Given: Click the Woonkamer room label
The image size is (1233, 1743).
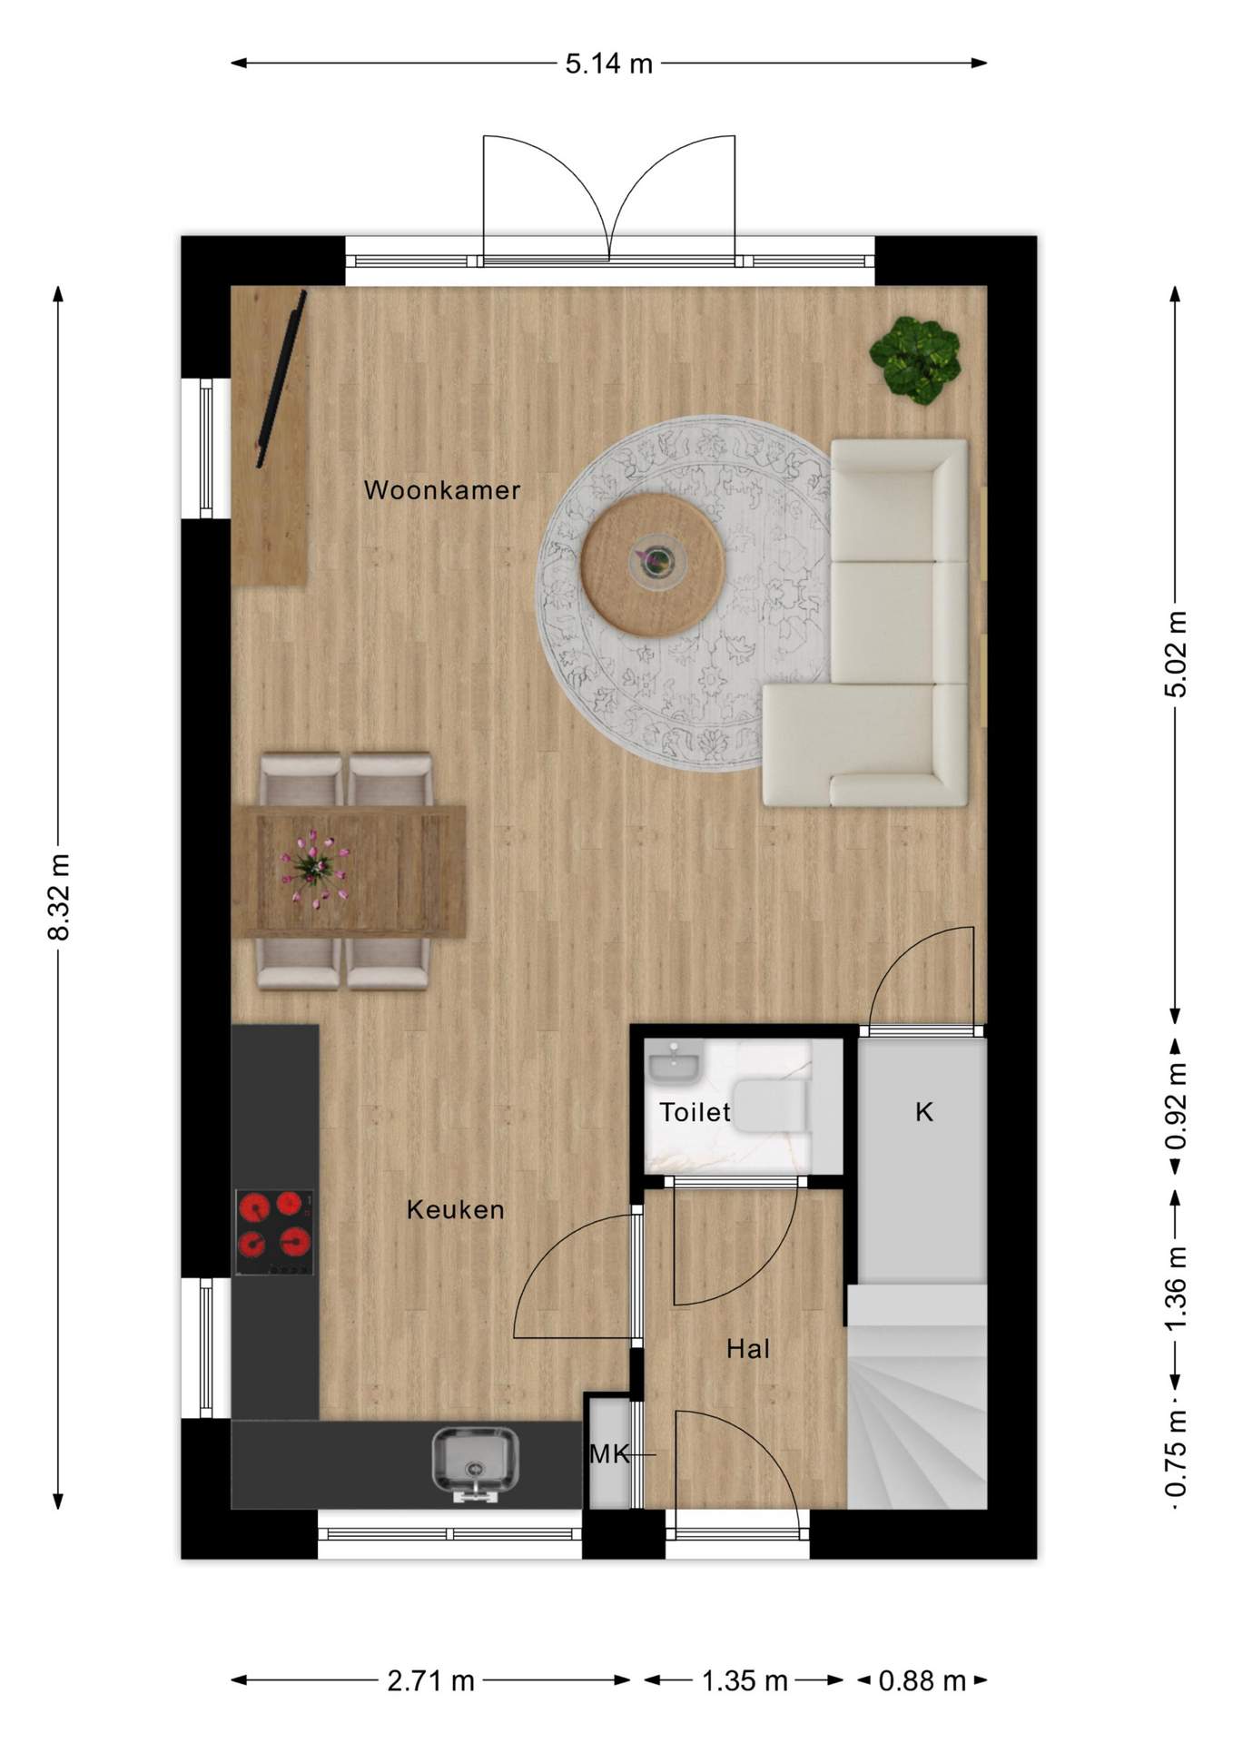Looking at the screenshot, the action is pyautogui.click(x=442, y=490).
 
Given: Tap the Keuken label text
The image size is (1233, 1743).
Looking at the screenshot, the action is pyautogui.click(x=455, y=1209).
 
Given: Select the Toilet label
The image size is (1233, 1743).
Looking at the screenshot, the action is pyautogui.click(x=695, y=1112).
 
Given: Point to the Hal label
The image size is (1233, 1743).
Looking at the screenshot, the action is pyautogui.click(x=748, y=1349).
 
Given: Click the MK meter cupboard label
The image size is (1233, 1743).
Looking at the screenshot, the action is pyautogui.click(x=609, y=1454).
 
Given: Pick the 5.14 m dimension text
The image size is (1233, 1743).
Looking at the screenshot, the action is pyautogui.click(x=609, y=64).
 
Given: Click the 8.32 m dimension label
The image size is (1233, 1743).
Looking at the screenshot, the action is pyautogui.click(x=59, y=897).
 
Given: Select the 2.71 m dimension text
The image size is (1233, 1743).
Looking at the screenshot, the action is pyautogui.click(x=430, y=1681).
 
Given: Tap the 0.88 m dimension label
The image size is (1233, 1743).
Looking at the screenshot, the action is pyautogui.click(x=922, y=1681).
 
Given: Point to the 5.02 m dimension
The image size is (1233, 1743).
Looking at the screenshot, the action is pyautogui.click(x=1176, y=655).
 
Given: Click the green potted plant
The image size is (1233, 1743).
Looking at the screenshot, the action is pyautogui.click(x=915, y=360).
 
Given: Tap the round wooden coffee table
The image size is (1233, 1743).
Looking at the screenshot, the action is pyautogui.click(x=653, y=564).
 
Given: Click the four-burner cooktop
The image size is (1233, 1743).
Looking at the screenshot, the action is pyautogui.click(x=274, y=1232).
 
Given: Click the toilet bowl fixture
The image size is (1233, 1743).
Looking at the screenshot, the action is pyautogui.click(x=770, y=1106).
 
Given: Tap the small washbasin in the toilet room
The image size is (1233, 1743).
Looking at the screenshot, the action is pyautogui.click(x=673, y=1063).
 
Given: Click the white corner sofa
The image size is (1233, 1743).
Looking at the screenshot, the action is pyautogui.click(x=865, y=623).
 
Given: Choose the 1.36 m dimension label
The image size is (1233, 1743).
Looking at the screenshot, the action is pyautogui.click(x=1176, y=1289).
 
